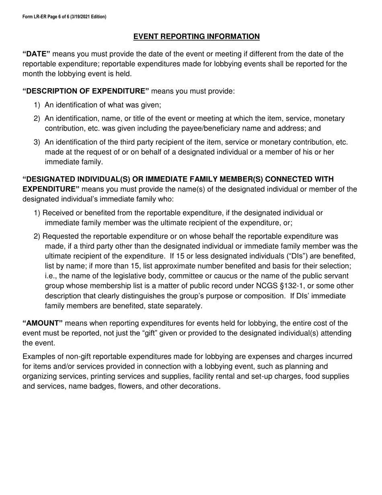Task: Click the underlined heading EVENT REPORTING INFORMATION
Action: [196, 37]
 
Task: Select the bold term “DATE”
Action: [36, 54]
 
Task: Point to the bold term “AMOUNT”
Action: [43, 324]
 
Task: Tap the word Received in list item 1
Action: [57, 213]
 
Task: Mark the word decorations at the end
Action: [199, 386]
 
